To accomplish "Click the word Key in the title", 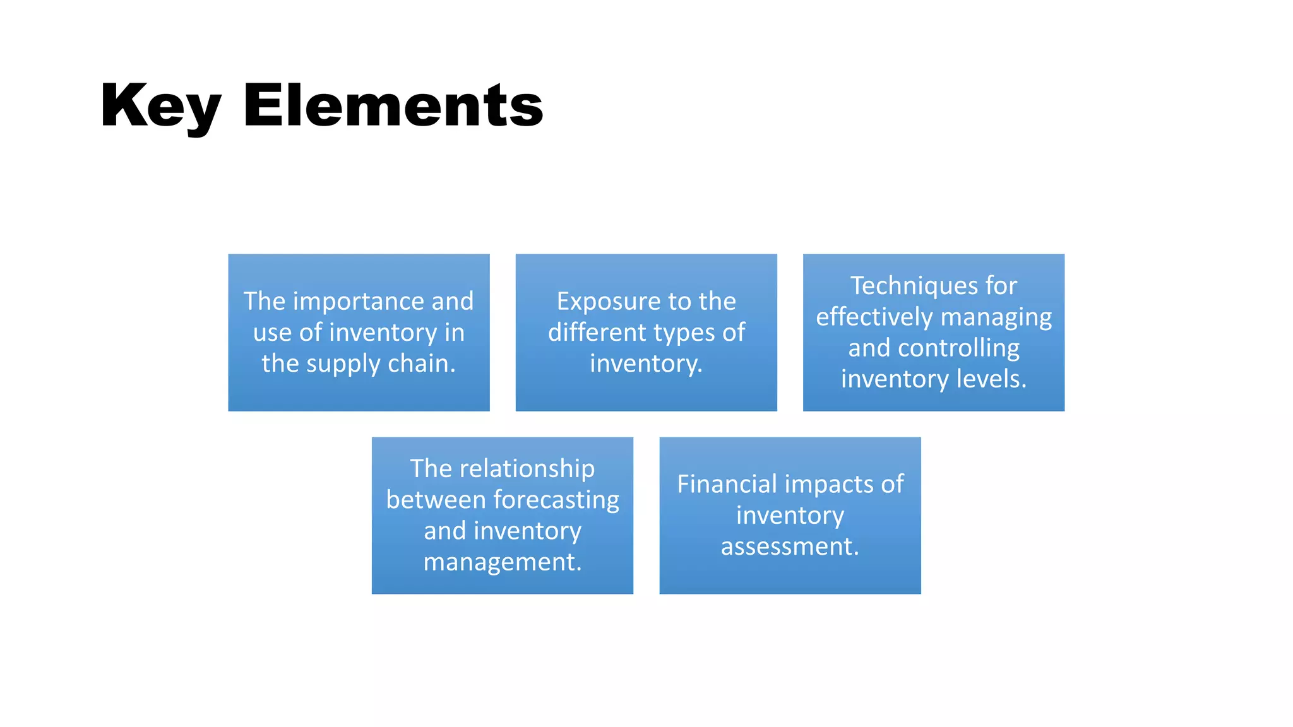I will point(160,106).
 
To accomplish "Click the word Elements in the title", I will point(393,105).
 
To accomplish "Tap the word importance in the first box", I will point(359,302).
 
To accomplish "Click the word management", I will point(502,562).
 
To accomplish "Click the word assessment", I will point(790,547).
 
